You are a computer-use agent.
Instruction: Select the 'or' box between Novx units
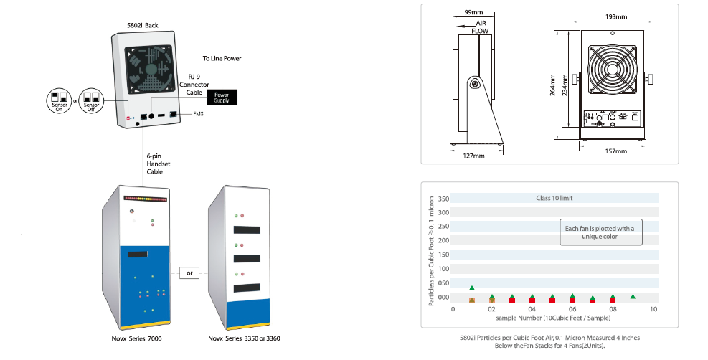tap(189, 273)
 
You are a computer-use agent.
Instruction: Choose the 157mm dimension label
tap(615, 151)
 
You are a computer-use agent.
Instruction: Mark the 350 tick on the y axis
tap(443, 199)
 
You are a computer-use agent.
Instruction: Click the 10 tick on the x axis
tap(653, 309)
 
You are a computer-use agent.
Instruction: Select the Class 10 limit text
tap(554, 198)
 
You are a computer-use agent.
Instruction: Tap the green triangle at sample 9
tap(633, 296)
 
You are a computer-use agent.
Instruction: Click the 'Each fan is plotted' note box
tap(599, 232)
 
